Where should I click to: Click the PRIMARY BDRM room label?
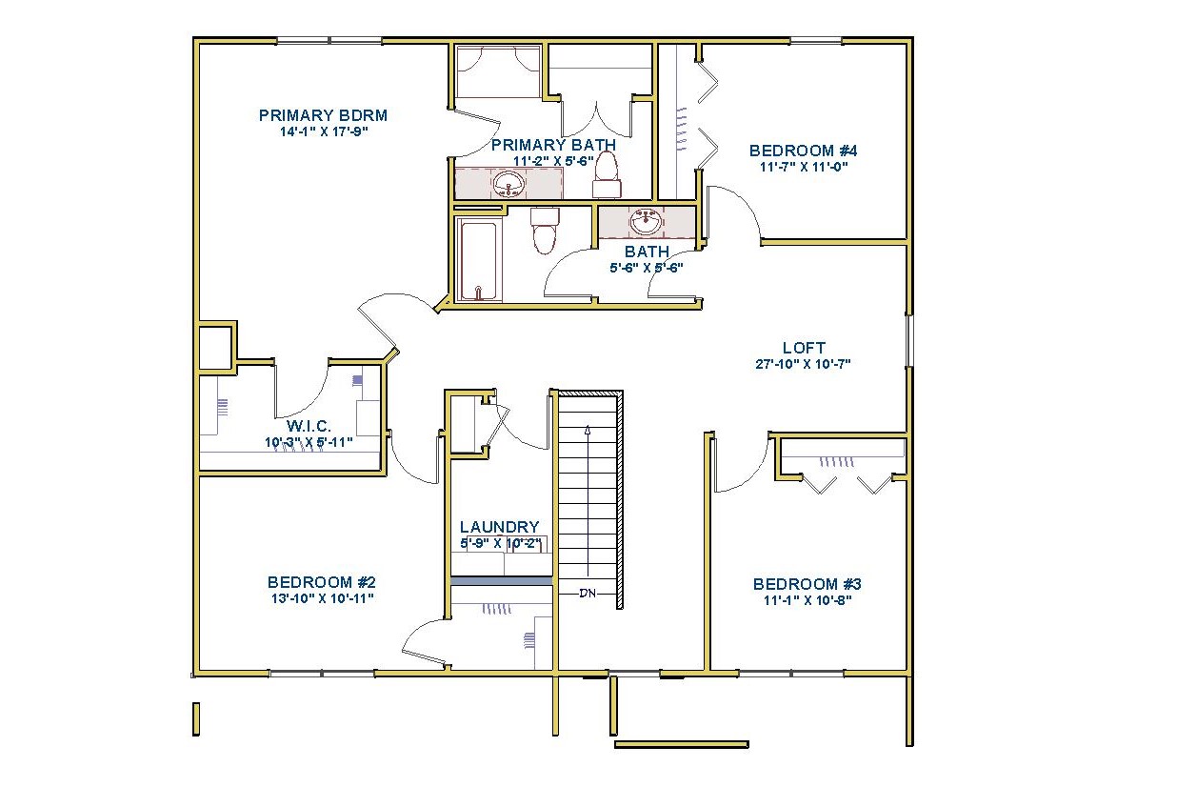tap(323, 115)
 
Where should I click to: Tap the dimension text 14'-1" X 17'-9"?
tap(324, 132)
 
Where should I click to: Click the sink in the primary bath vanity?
tap(508, 184)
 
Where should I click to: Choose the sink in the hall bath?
tap(647, 221)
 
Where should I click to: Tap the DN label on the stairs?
tap(588, 593)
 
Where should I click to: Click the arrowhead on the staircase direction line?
tap(588, 429)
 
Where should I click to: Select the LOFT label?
tap(804, 348)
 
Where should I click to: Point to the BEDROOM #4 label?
tap(804, 151)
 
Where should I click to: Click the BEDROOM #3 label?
tap(807, 584)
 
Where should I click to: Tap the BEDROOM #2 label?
tap(322, 582)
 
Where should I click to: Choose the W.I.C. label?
tap(309, 426)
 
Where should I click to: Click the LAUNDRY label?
tap(500, 527)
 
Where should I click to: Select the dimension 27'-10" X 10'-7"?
tap(803, 364)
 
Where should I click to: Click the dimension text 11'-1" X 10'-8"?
tap(807, 600)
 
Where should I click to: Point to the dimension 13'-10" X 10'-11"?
tap(323, 598)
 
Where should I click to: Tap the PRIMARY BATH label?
tap(553, 145)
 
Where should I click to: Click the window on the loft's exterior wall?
tap(908, 341)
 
